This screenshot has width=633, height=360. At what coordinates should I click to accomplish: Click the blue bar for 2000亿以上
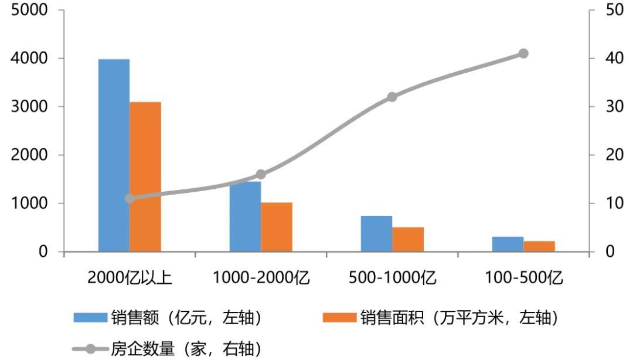(x=114, y=155)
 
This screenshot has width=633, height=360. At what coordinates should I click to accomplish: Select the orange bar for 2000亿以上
(x=145, y=176)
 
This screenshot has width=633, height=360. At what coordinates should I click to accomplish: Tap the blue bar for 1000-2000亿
(x=245, y=217)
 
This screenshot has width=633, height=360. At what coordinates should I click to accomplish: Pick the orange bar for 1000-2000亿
(x=277, y=227)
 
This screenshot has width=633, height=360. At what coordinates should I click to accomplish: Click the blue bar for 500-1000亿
(x=376, y=233)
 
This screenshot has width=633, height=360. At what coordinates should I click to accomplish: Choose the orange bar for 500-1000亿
(x=408, y=239)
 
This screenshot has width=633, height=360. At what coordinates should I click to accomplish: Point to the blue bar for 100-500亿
(x=508, y=244)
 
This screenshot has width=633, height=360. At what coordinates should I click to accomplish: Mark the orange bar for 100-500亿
(x=539, y=246)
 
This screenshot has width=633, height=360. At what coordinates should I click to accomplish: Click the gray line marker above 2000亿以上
(x=130, y=198)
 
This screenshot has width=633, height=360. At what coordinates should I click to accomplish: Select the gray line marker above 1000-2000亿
(x=261, y=174)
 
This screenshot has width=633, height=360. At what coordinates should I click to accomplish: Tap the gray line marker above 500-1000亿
(x=392, y=97)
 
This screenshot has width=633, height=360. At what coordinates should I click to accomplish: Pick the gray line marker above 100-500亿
(x=523, y=53)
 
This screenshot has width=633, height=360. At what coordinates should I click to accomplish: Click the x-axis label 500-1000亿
(x=392, y=277)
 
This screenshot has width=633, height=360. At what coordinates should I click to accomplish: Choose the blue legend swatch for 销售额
(x=90, y=317)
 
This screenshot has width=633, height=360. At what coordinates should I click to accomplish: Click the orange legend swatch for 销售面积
(x=339, y=317)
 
